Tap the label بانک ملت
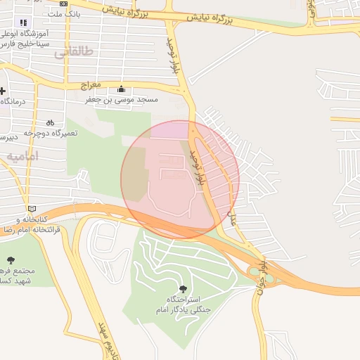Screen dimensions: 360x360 (x=65, y=13)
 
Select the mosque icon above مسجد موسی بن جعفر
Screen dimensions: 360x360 (x=122, y=89)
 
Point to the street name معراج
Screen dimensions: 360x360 (x=91, y=85)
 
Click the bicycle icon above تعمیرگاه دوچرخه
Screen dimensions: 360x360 (x=50, y=122)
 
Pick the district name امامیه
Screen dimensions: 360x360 (x=22, y=155)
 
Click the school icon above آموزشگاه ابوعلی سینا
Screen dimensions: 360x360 (x=24, y=22)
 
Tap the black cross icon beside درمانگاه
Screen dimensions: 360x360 (x=2, y=91)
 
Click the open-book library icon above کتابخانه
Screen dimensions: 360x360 (x=30, y=209)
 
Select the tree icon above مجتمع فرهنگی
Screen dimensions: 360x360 (x=11, y=260)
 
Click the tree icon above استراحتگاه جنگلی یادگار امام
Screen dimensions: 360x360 (x=184, y=288)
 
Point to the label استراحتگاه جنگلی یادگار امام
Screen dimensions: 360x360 (x=183, y=304)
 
